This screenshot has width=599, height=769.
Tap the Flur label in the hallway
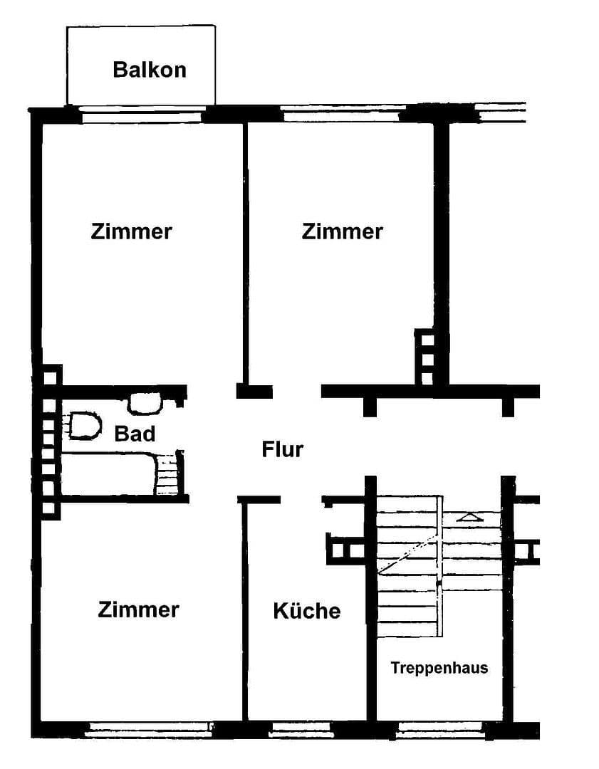tap(283, 450)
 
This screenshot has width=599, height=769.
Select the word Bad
tap(135, 434)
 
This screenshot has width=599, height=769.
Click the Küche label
tap(306, 611)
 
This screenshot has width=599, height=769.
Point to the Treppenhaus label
tap(439, 668)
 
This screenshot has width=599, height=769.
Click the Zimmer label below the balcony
tap(132, 232)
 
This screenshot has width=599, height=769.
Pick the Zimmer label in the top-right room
tap(343, 232)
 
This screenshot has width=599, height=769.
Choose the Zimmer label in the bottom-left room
tap(139, 610)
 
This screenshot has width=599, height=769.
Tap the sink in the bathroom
tap(145, 404)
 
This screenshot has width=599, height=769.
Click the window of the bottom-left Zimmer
tap(150, 728)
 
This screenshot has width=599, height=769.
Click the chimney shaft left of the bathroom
tap(50, 441)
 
